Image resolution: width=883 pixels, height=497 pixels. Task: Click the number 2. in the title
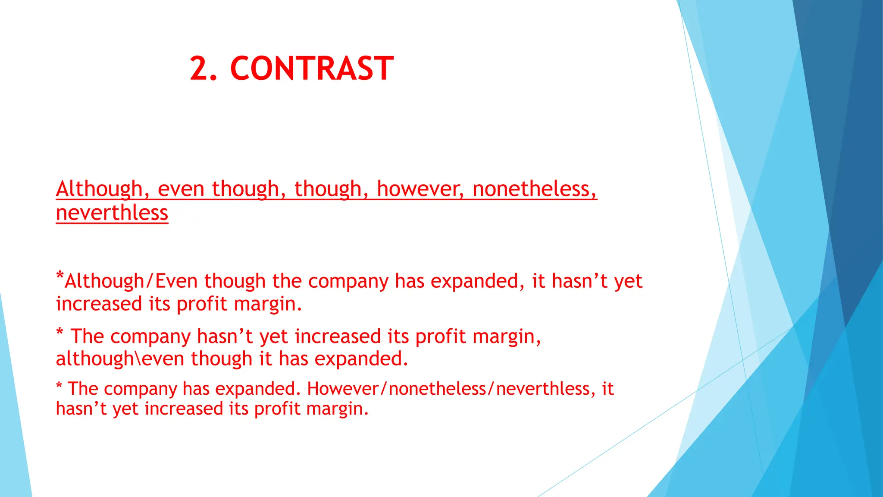(x=204, y=69)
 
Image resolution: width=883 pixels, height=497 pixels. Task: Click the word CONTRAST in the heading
(x=312, y=69)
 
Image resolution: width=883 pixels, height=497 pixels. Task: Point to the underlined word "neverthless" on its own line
(x=112, y=213)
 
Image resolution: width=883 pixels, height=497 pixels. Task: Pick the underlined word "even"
(x=181, y=190)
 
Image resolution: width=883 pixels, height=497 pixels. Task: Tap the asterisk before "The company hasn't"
(x=60, y=332)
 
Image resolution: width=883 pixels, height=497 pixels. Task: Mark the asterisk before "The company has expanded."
(x=59, y=385)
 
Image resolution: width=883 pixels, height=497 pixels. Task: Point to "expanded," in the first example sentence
(x=478, y=281)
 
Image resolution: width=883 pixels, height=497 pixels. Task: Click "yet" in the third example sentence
(x=126, y=409)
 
